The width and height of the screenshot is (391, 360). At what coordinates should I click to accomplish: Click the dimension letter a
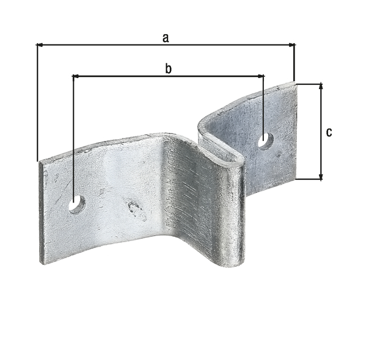point(165,38)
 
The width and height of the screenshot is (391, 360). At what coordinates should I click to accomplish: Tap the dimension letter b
point(168,68)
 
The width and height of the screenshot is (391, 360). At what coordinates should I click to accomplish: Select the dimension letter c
point(329,132)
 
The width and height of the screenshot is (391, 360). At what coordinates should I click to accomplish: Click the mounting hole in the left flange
point(77,204)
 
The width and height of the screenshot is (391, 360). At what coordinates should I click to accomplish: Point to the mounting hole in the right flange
point(265,140)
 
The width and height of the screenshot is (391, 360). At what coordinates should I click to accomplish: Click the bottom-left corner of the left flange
point(41,263)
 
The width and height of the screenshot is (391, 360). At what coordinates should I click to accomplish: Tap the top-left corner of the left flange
point(39,162)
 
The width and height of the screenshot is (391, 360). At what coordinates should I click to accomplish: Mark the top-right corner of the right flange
point(296,83)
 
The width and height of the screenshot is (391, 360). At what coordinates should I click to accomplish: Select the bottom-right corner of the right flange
point(296,179)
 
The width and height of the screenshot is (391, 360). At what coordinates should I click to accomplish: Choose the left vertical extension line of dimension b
point(73,134)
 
